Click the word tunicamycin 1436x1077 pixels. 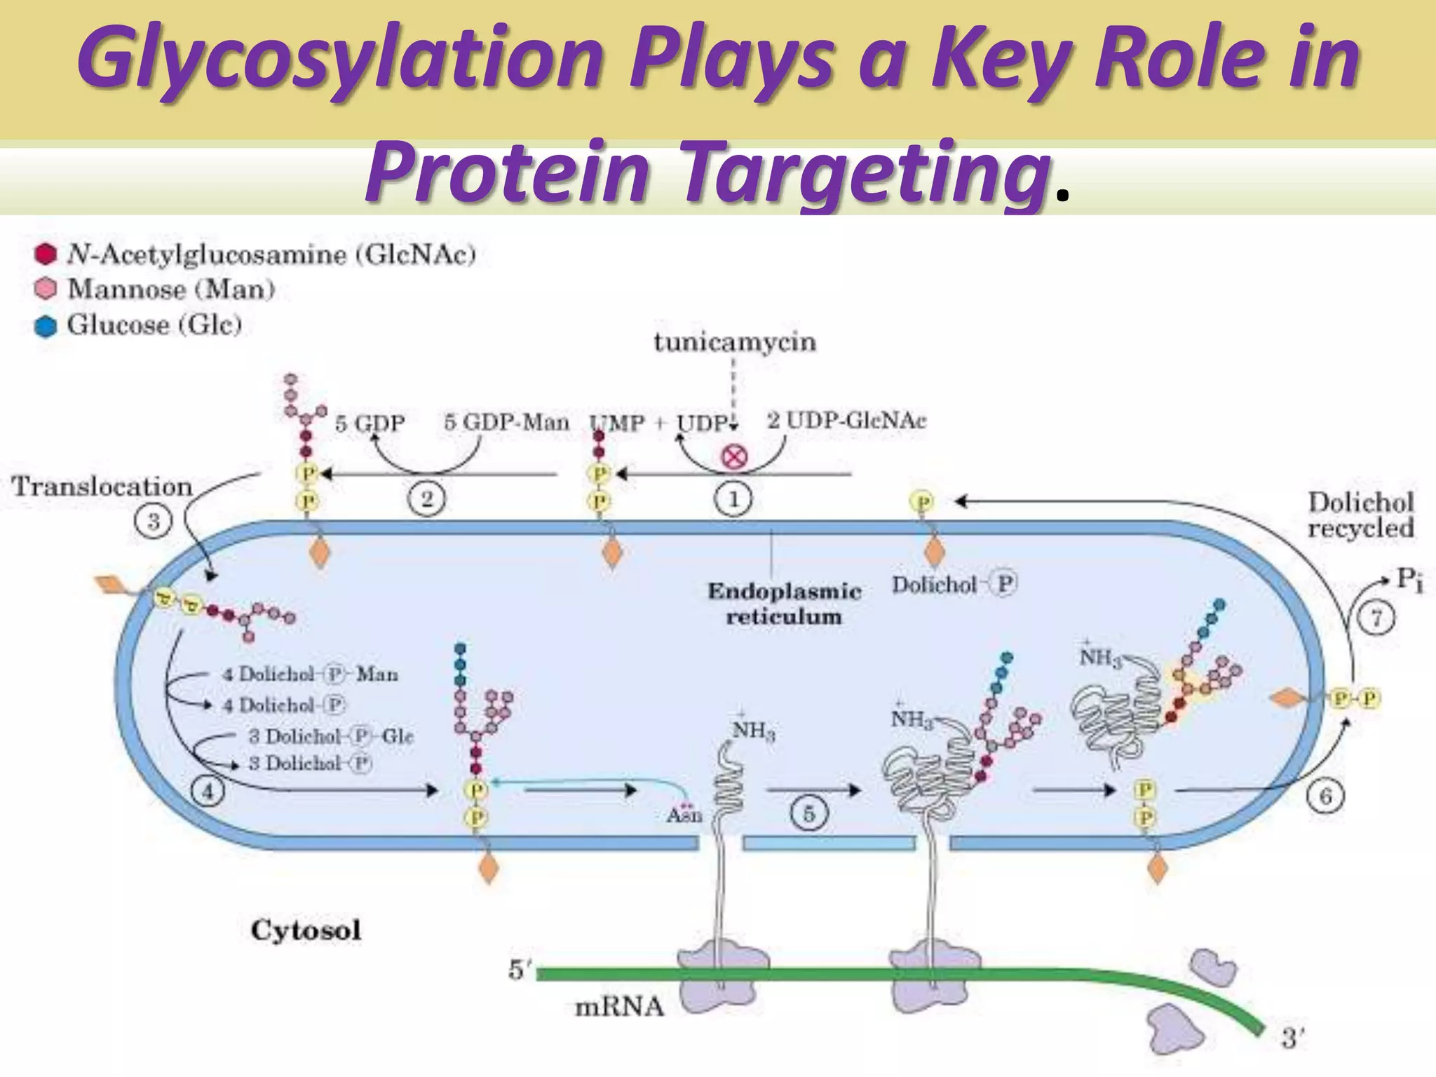point(735,342)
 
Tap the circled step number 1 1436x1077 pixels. point(733,499)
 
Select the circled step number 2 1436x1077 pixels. point(426,499)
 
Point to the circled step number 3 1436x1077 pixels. point(153,522)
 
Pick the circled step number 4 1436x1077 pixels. point(208,792)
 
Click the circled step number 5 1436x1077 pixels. point(808,814)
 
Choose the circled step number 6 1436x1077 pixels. point(1325,797)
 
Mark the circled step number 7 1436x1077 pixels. point(1376,618)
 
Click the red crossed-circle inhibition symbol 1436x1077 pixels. point(734,457)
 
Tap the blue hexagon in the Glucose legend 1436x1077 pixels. point(46,327)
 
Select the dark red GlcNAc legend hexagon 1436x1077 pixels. point(46,254)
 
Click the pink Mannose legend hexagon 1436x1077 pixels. point(46,289)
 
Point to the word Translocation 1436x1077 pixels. point(102,487)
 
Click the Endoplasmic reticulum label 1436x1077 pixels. point(784,604)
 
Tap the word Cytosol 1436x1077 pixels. point(306,930)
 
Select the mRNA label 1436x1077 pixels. point(618,1007)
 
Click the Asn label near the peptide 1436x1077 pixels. point(684,815)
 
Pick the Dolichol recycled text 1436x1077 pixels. point(1360,515)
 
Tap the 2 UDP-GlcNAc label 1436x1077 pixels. point(846,421)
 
